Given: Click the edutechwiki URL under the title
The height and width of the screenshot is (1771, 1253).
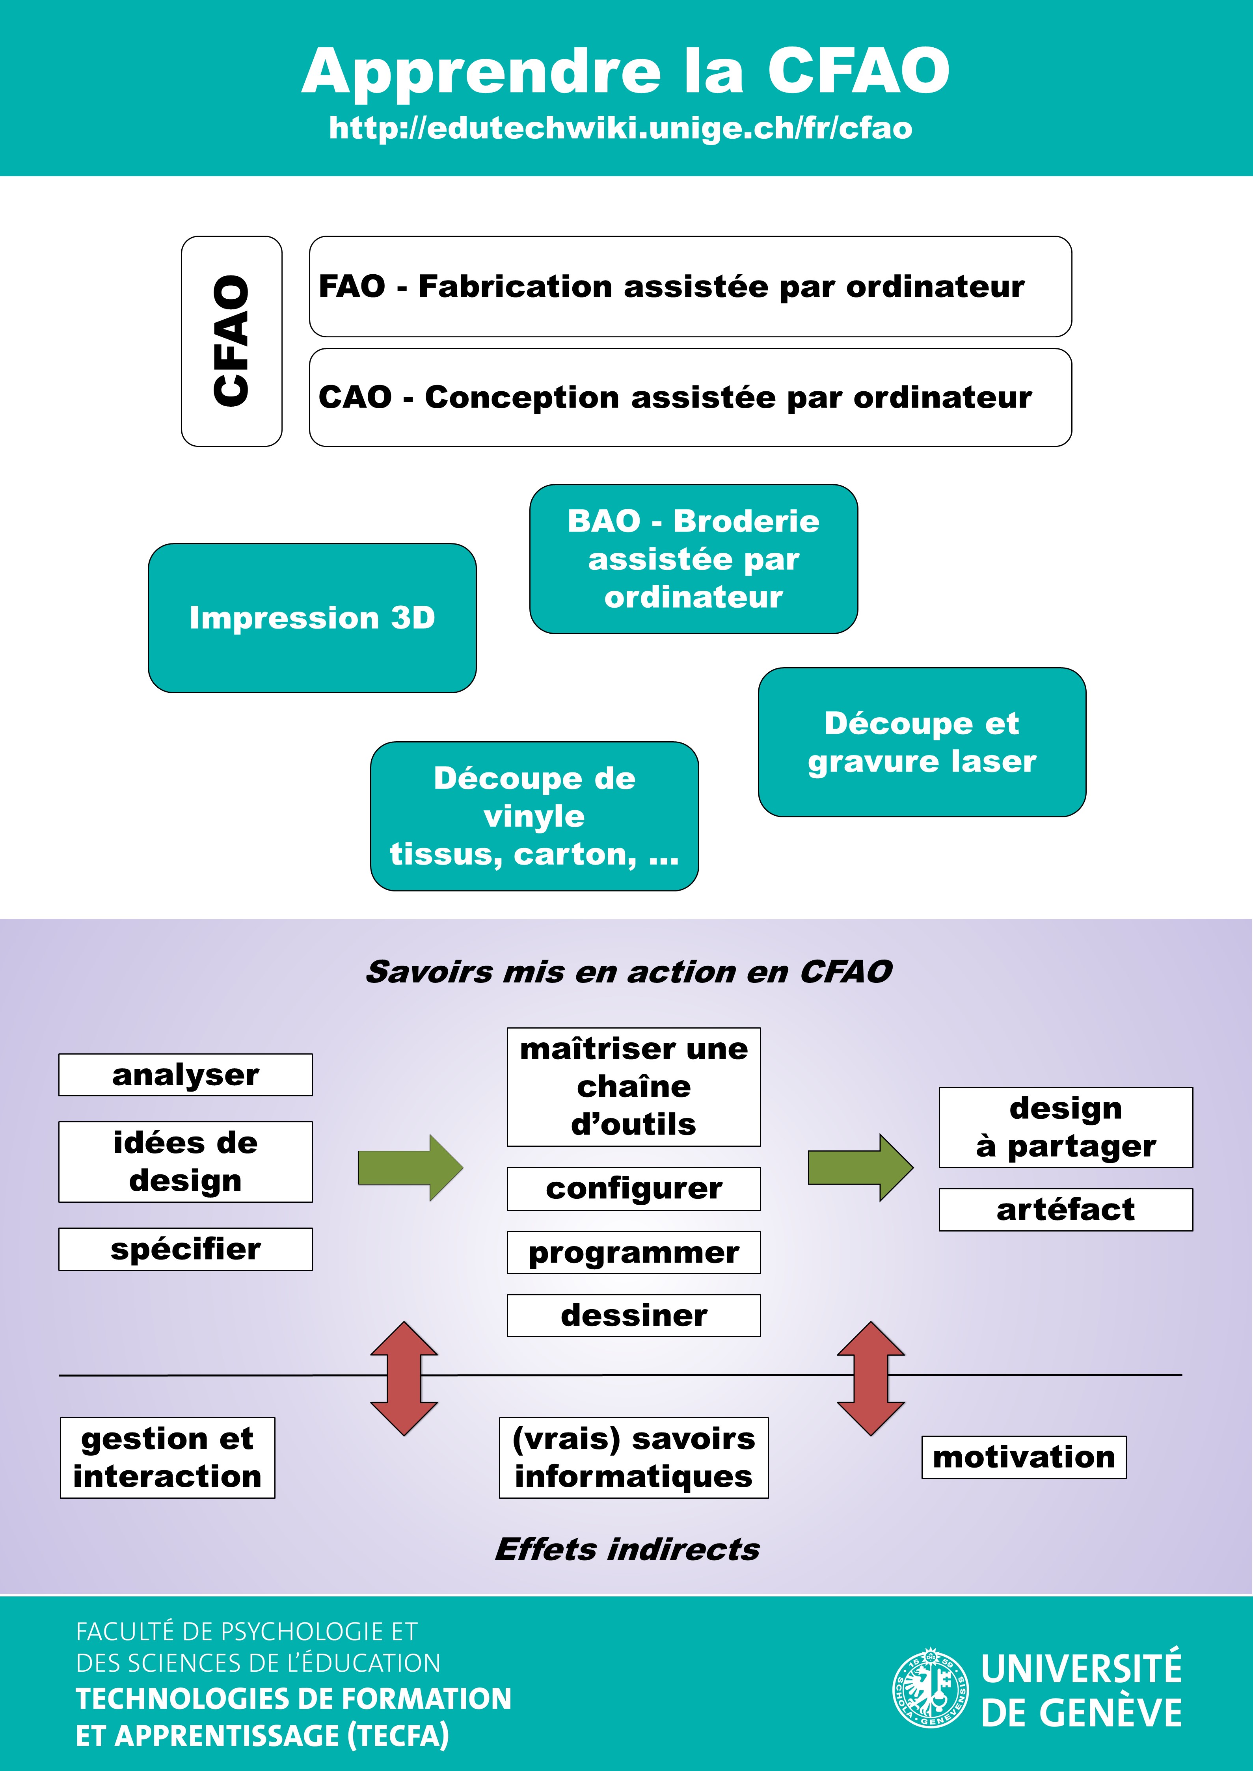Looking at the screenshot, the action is pos(620,128).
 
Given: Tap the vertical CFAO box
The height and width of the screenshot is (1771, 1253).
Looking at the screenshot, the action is pos(231,341).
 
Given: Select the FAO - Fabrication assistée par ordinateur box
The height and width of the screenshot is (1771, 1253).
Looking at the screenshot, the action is pos(691,286).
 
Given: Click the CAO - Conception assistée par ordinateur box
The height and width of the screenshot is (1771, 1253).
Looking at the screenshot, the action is pos(691,397).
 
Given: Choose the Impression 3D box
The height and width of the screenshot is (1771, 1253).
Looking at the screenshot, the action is pos(313,618).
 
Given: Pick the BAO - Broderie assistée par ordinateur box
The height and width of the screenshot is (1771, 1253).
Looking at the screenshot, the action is pos(694,559).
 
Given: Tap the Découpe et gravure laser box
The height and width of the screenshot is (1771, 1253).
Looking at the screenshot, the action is pos(922,742).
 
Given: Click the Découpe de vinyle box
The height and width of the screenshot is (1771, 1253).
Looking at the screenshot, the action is pos(535,816).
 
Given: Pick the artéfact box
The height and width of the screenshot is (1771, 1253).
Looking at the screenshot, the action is pos(1065,1209).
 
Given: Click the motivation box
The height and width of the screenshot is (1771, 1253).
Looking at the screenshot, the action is pos(1024,1457).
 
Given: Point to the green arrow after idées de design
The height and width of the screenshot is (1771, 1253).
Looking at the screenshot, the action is pos(410,1168).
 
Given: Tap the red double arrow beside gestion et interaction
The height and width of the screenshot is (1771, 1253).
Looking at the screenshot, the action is pos(404,1378).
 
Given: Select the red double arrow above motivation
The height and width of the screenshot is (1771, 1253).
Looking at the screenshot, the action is pos(871,1378).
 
